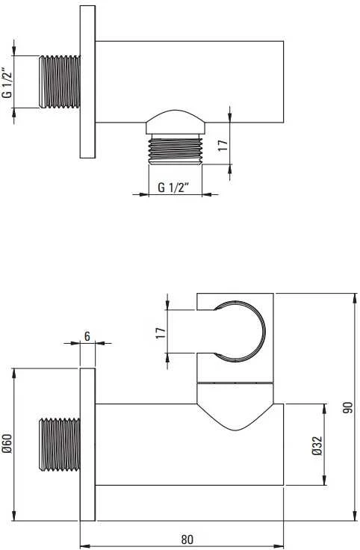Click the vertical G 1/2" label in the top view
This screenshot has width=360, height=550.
coord(7,82)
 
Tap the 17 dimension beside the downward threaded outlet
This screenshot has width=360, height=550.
coord(223,144)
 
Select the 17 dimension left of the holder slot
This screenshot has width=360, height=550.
coord(160,332)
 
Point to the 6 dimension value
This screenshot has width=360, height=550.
coord(87,336)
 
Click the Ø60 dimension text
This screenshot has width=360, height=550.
coord(7,443)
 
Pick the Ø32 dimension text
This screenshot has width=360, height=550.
coord(317,445)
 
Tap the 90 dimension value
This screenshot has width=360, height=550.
coord(348,407)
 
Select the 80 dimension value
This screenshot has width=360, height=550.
coord(187,539)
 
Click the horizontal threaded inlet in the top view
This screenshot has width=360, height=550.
coord(60,81)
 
